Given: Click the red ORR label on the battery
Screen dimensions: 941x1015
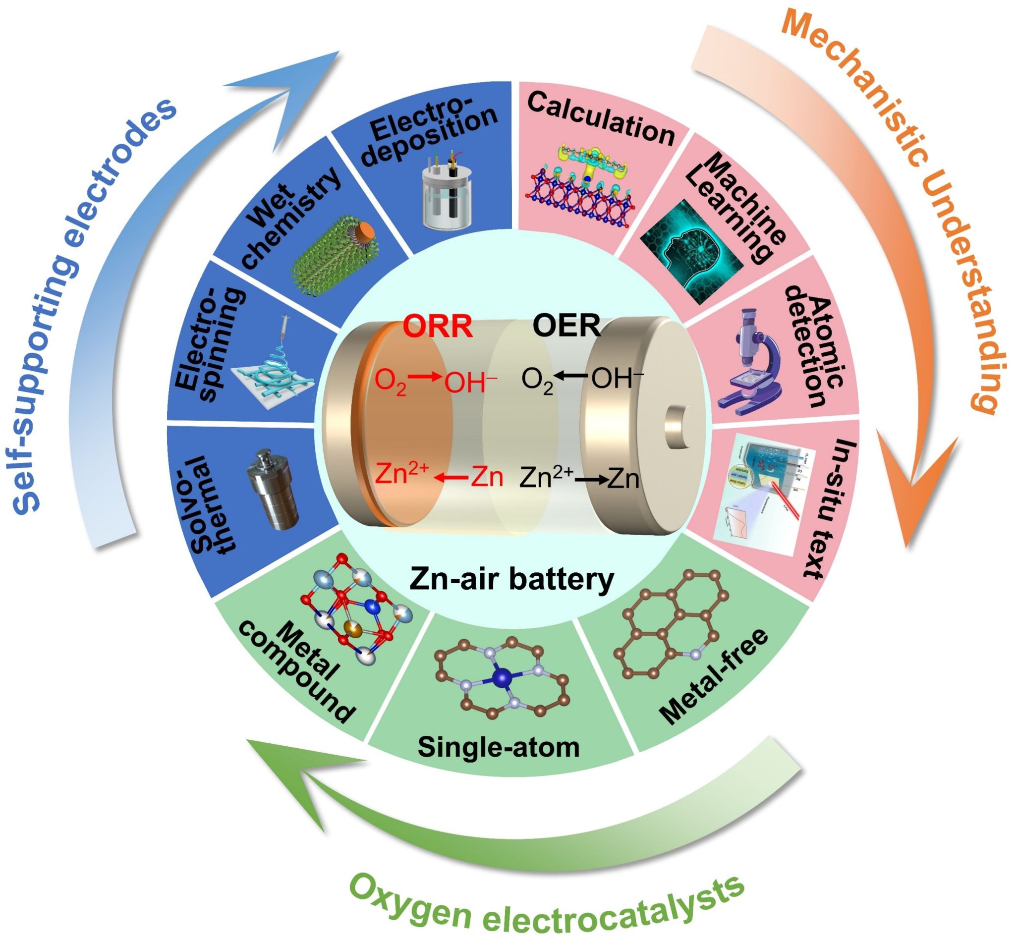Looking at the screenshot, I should coord(438,326).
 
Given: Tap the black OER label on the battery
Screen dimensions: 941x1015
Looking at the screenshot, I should coord(566,326).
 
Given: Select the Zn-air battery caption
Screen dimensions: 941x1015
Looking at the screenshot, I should coord(511,579).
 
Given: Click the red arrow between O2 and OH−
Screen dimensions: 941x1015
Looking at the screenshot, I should coord(426,377).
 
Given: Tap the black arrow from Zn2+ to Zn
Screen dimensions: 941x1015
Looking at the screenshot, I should coord(591,479).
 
